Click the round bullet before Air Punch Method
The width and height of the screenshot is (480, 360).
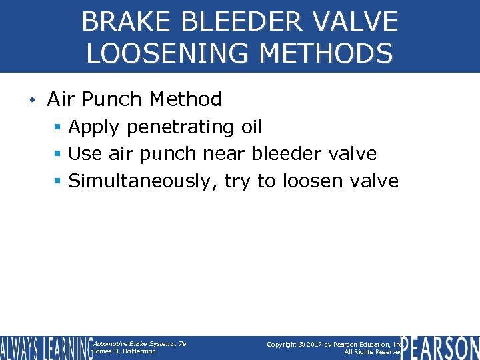pyautogui.click(x=32, y=101)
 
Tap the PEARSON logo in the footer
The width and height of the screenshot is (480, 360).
pyautogui.click(x=441, y=348)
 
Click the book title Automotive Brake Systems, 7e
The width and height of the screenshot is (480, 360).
pyautogui.click(x=139, y=343)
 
